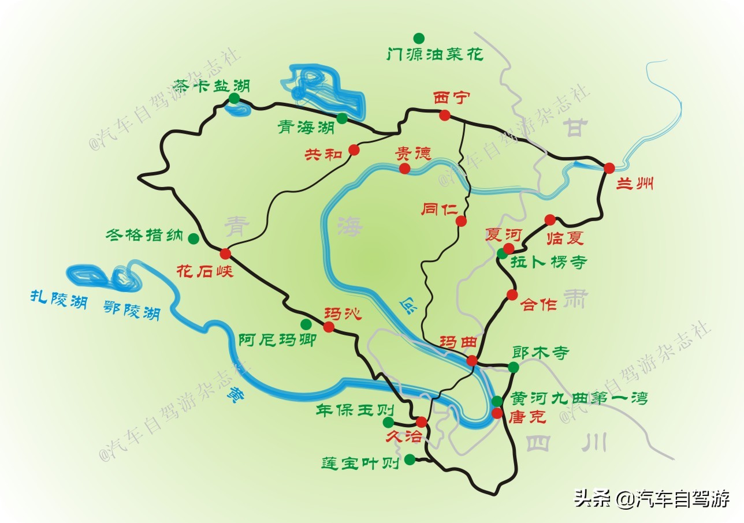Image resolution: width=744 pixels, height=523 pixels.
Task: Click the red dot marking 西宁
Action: tap(444, 115)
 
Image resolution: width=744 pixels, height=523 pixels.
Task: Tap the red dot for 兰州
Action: tap(609, 168)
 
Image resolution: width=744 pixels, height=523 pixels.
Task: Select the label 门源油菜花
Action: tap(435, 55)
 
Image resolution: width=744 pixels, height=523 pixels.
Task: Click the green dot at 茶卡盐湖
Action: tap(234, 99)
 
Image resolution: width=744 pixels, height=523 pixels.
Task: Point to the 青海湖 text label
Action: tap(306, 126)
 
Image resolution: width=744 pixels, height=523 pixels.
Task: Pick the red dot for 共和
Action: tap(354, 150)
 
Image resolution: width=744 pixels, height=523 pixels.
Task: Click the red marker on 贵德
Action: tap(405, 168)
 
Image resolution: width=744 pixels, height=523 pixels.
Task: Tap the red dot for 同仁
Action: tap(461, 221)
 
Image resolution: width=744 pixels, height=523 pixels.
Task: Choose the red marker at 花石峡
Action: tap(225, 253)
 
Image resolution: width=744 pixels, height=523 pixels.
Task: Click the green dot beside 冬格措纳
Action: tap(194, 238)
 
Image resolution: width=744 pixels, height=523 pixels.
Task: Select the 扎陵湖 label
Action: tap(57, 298)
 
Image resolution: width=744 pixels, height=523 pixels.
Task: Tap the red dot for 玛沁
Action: tap(329, 327)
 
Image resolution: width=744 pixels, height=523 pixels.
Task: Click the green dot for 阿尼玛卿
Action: tap(306, 323)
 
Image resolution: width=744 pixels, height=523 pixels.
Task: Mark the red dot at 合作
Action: tap(512, 295)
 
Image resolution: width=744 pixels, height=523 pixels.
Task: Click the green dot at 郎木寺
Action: tap(514, 367)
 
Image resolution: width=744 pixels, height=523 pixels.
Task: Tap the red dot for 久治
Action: tap(421, 421)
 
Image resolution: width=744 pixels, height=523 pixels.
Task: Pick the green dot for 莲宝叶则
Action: tap(410, 460)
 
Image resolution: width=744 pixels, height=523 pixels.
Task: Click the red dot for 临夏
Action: tap(550, 219)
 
